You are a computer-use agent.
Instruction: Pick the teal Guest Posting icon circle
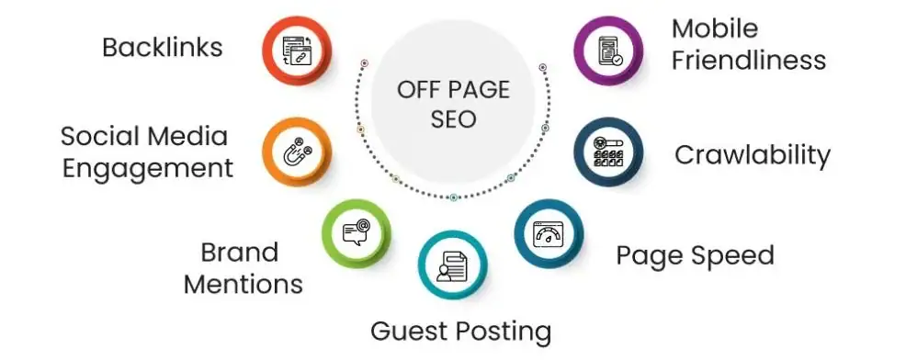point(452,267)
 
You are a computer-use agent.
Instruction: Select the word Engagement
point(147,168)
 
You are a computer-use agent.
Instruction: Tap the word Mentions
point(243,283)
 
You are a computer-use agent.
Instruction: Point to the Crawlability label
point(752,154)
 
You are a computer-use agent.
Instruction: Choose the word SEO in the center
point(452,119)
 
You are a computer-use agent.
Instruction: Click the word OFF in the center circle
point(414,90)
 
